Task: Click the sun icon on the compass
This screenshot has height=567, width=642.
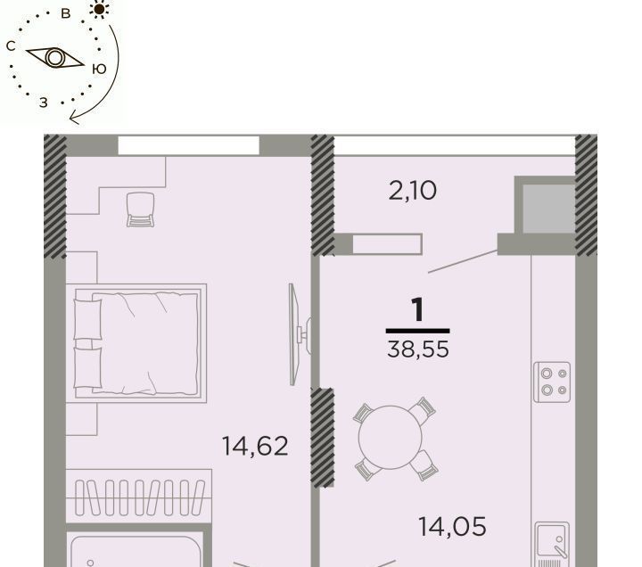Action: (x=99, y=9)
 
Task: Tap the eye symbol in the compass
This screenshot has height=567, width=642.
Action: (x=55, y=58)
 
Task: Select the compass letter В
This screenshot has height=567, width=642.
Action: (x=65, y=13)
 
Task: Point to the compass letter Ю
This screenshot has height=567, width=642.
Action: (x=99, y=69)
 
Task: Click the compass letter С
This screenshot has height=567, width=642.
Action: (x=11, y=45)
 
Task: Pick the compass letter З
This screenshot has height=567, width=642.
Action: (x=44, y=103)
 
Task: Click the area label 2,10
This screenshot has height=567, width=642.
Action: (x=412, y=191)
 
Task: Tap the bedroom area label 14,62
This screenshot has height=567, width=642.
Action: (x=255, y=446)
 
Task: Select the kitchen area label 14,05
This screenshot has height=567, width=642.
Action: (x=452, y=527)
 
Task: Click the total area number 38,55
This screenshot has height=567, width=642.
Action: (x=418, y=349)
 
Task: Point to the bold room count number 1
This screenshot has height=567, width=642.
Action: (x=417, y=309)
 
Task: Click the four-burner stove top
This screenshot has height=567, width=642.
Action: (x=552, y=382)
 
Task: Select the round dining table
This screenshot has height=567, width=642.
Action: (x=391, y=437)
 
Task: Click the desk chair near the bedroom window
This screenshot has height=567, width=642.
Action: (x=141, y=210)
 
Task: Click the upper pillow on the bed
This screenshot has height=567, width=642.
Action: (x=87, y=319)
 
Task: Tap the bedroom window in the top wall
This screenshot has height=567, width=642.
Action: (x=189, y=145)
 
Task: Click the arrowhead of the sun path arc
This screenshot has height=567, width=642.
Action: (x=75, y=119)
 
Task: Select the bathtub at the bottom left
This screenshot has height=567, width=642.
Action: (x=136, y=552)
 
